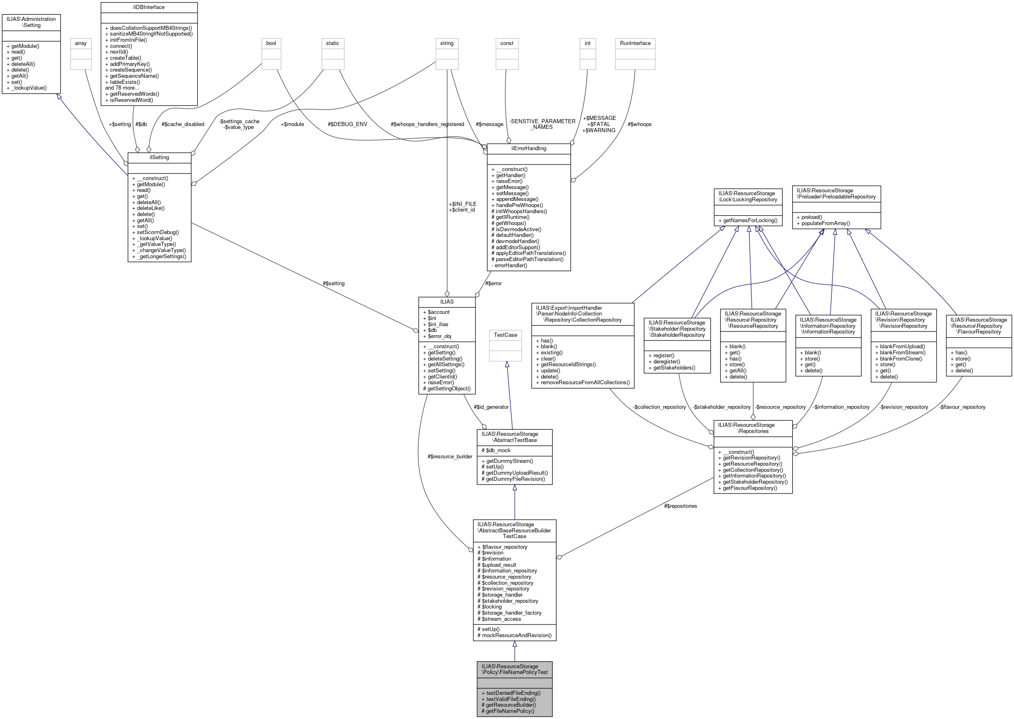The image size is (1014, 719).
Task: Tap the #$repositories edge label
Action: (680, 506)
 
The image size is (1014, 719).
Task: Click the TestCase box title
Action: (505, 335)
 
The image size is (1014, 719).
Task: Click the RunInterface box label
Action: (635, 43)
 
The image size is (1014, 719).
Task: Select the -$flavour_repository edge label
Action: (962, 407)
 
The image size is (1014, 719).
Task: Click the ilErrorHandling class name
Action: (528, 148)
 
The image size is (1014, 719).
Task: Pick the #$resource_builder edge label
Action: (450, 456)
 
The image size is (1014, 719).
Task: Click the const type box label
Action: (506, 43)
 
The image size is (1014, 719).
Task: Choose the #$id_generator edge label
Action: (491, 407)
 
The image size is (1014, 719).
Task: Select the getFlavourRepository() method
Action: (749, 488)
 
